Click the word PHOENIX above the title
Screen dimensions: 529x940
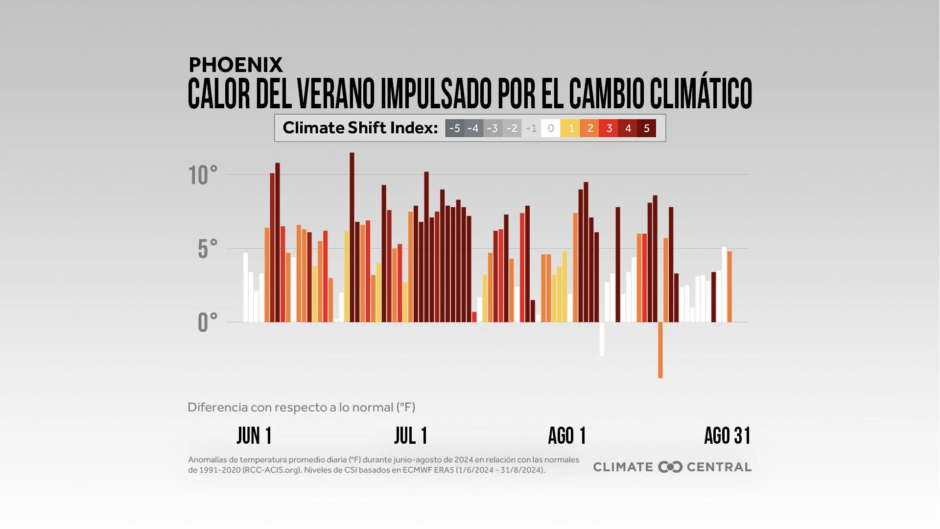[235, 65]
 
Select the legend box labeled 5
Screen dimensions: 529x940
[646, 128]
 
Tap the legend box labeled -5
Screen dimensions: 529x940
[454, 128]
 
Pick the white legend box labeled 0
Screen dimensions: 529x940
[551, 128]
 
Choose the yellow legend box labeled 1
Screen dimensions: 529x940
[570, 128]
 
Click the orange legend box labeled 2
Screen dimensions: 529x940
[589, 128]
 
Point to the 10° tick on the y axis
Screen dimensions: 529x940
[203, 175]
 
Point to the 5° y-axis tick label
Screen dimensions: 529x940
[207, 249]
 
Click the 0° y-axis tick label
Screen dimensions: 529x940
[207, 323]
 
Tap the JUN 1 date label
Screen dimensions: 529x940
[254, 435]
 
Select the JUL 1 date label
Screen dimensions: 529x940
[411, 435]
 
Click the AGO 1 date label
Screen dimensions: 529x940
[567, 435]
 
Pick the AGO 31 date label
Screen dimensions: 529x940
[727, 435]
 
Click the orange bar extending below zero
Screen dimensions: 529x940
[660, 350]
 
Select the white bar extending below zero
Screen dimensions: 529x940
[602, 339]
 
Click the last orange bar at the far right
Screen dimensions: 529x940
[729, 287]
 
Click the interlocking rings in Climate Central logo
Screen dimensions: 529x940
[670, 467]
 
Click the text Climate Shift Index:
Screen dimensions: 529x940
[360, 128]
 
